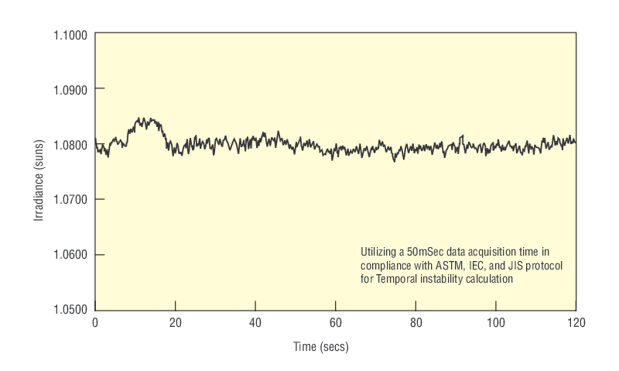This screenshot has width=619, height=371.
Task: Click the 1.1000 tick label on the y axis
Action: point(70,35)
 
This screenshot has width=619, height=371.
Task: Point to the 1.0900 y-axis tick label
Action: point(70,89)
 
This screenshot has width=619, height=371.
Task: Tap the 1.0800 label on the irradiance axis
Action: point(70,145)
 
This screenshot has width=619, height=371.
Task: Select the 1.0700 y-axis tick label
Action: point(70,200)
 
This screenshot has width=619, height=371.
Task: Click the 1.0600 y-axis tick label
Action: point(70,255)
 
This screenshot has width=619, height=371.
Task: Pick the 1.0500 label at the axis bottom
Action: point(70,310)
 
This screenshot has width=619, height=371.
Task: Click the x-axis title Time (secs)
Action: point(320,347)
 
